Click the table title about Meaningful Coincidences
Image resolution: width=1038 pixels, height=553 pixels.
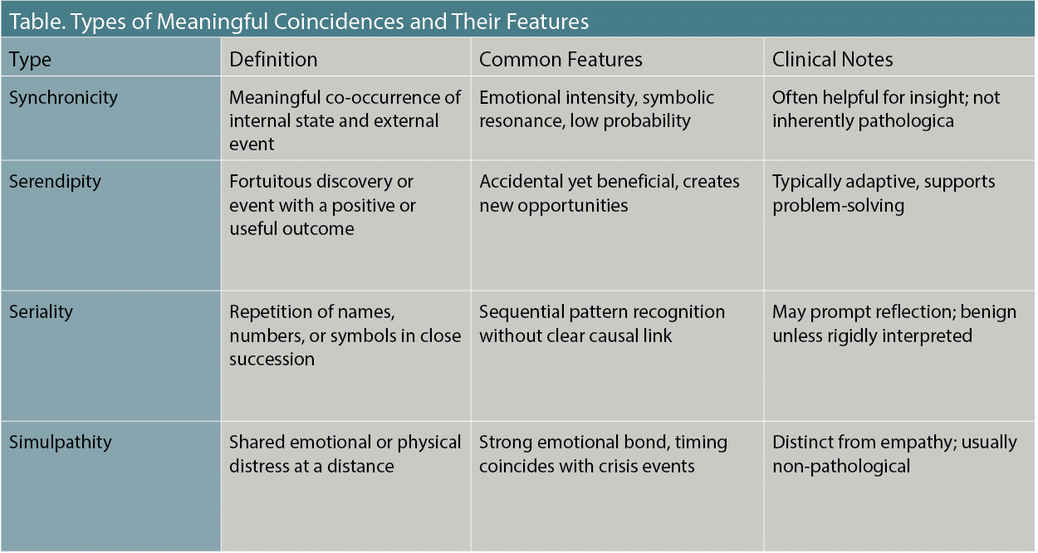(x=299, y=22)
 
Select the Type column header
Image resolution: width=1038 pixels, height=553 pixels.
(x=30, y=60)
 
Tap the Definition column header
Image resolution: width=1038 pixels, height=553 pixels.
(x=273, y=60)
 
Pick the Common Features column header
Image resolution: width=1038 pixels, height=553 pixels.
(x=561, y=60)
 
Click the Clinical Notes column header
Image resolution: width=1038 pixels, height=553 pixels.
(x=832, y=60)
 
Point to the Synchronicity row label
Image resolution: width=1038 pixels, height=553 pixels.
(x=63, y=98)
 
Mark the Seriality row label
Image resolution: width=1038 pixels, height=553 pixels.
(x=41, y=313)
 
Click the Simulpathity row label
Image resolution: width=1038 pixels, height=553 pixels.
(x=60, y=443)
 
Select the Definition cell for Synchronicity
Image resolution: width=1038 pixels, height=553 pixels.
(x=345, y=120)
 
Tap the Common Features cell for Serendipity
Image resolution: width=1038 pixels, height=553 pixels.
(x=609, y=193)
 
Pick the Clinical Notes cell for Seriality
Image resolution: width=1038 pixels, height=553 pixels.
(x=894, y=324)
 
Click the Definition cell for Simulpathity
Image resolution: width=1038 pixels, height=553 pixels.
(x=345, y=453)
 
